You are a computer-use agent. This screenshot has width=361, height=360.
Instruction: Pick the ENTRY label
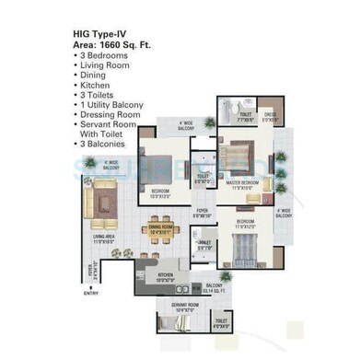click(x=89, y=294)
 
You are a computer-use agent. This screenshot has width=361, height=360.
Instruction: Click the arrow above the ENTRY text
click(x=89, y=285)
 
